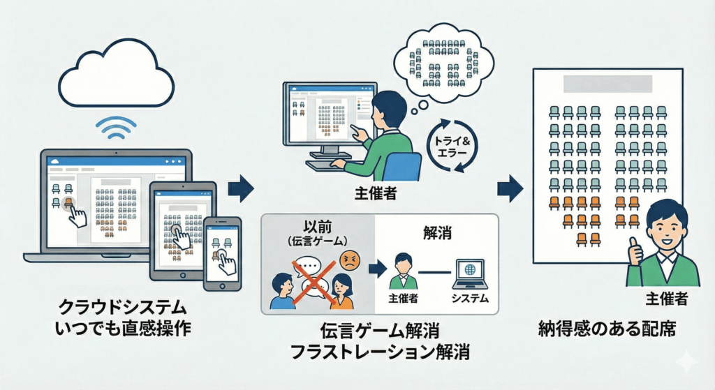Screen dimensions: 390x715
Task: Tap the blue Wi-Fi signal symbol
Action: point(115,128)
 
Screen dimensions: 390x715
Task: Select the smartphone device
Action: point(222,253)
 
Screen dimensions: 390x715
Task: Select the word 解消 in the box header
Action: point(437,232)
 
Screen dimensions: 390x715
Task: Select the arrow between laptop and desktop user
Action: point(242,188)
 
